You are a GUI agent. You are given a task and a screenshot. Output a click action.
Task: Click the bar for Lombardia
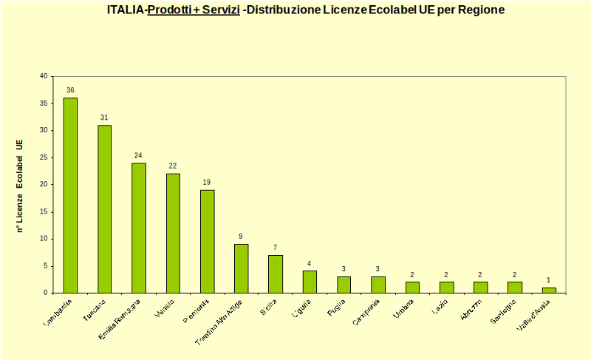(70, 195)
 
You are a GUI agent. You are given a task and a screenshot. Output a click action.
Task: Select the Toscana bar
(104, 208)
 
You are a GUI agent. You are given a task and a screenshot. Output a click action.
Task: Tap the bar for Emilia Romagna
(139, 228)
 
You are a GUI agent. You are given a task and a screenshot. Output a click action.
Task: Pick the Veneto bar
(173, 233)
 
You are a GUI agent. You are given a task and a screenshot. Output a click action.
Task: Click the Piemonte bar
(207, 241)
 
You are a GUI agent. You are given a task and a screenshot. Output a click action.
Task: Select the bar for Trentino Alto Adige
(241, 268)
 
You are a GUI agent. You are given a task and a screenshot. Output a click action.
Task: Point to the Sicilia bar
(276, 274)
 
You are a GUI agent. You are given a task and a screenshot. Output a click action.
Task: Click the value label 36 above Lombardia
(70, 90)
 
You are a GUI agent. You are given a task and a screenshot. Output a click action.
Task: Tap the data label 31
(104, 118)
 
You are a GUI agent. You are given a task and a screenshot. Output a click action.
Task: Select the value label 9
(241, 237)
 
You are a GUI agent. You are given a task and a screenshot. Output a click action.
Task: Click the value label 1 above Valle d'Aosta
(548, 280)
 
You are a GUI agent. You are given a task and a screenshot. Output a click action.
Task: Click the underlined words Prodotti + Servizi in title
(194, 10)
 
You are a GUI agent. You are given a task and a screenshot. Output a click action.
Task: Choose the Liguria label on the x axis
(301, 306)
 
